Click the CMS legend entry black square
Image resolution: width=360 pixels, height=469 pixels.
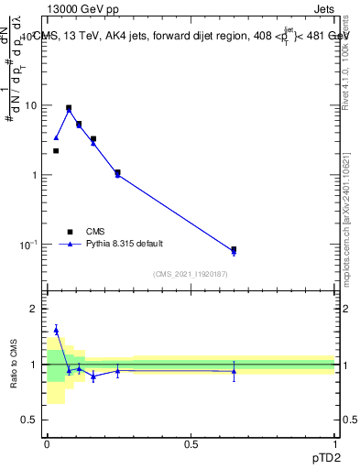click(69, 232)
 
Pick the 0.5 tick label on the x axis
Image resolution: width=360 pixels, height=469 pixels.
click(191, 443)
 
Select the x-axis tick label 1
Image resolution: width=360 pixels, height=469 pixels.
click(334, 443)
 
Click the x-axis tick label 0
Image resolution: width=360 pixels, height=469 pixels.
click(47, 443)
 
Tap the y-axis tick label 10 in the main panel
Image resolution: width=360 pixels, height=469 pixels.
click(31, 105)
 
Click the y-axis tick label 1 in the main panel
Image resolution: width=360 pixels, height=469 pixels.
click(35, 175)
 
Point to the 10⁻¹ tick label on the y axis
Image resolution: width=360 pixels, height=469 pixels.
click(29, 244)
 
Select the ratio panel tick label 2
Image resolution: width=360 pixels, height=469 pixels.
click(35, 309)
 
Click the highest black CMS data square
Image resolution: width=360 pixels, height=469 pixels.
click(69, 108)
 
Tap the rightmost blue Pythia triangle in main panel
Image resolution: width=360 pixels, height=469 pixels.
click(234, 252)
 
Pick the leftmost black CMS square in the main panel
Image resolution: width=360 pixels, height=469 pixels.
click(56, 151)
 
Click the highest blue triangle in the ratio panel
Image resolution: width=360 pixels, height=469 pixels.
click(56, 330)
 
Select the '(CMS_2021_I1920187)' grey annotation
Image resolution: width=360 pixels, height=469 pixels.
click(191, 274)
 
